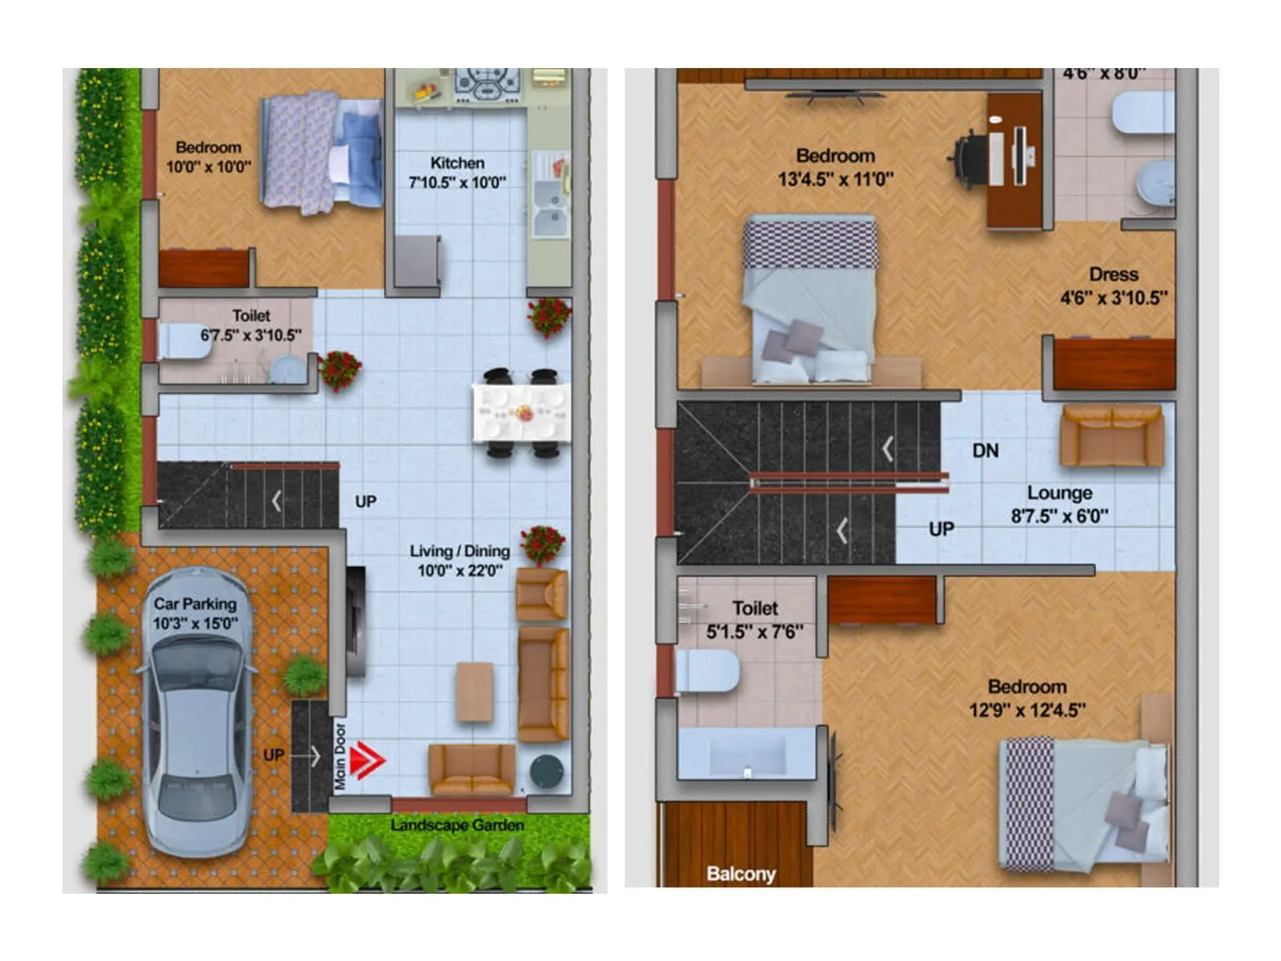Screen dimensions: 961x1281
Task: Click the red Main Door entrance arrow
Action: pyautogui.click(x=367, y=760)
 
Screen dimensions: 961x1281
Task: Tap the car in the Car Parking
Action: pyautogui.click(x=197, y=713)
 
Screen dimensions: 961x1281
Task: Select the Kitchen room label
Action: pyautogui.click(x=457, y=163)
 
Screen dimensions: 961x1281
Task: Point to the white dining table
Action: pyautogui.click(x=521, y=413)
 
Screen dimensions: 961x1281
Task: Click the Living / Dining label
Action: pyautogui.click(x=460, y=551)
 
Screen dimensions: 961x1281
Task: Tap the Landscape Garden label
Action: pyautogui.click(x=457, y=825)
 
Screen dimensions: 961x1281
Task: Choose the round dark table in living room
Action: pyautogui.click(x=547, y=770)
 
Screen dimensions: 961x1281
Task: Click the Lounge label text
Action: pyautogui.click(x=1059, y=493)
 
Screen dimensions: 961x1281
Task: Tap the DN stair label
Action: pyautogui.click(x=985, y=451)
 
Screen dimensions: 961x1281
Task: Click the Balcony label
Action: pyautogui.click(x=741, y=874)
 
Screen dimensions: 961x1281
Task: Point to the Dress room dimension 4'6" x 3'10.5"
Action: pyautogui.click(x=1114, y=298)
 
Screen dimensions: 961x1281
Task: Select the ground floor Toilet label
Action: pyautogui.click(x=251, y=316)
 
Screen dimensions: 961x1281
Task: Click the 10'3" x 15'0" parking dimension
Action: pyautogui.click(x=195, y=623)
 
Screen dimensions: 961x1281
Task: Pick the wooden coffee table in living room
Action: pyautogui.click(x=475, y=691)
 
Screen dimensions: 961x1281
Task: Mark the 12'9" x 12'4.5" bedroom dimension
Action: pyautogui.click(x=1027, y=710)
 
